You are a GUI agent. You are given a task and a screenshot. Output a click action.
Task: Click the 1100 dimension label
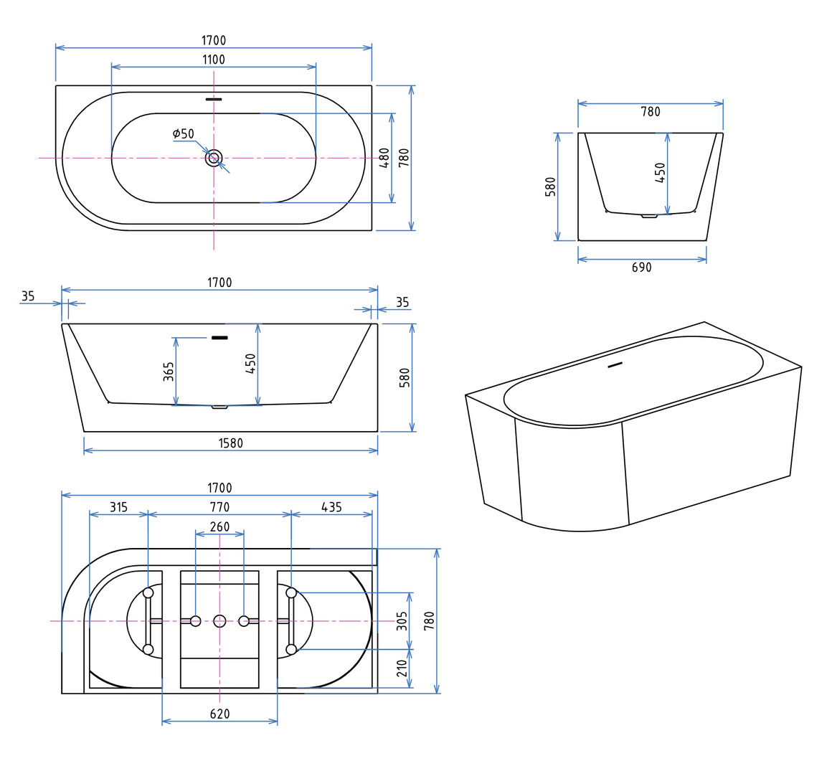214,60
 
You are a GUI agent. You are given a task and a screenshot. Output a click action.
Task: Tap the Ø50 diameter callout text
184,133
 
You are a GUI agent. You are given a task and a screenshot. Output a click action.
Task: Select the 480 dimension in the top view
384,158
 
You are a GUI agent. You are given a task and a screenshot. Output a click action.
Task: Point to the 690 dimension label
641,268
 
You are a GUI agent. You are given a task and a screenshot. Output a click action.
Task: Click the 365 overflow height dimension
169,372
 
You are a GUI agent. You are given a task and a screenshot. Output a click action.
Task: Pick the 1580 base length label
231,443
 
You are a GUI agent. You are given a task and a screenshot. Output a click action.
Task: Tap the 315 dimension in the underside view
119,507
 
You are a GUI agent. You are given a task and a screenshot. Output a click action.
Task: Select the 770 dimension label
219,507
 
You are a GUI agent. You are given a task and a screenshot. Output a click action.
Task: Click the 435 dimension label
331,507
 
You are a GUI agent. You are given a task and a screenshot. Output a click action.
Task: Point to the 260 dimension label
219,526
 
